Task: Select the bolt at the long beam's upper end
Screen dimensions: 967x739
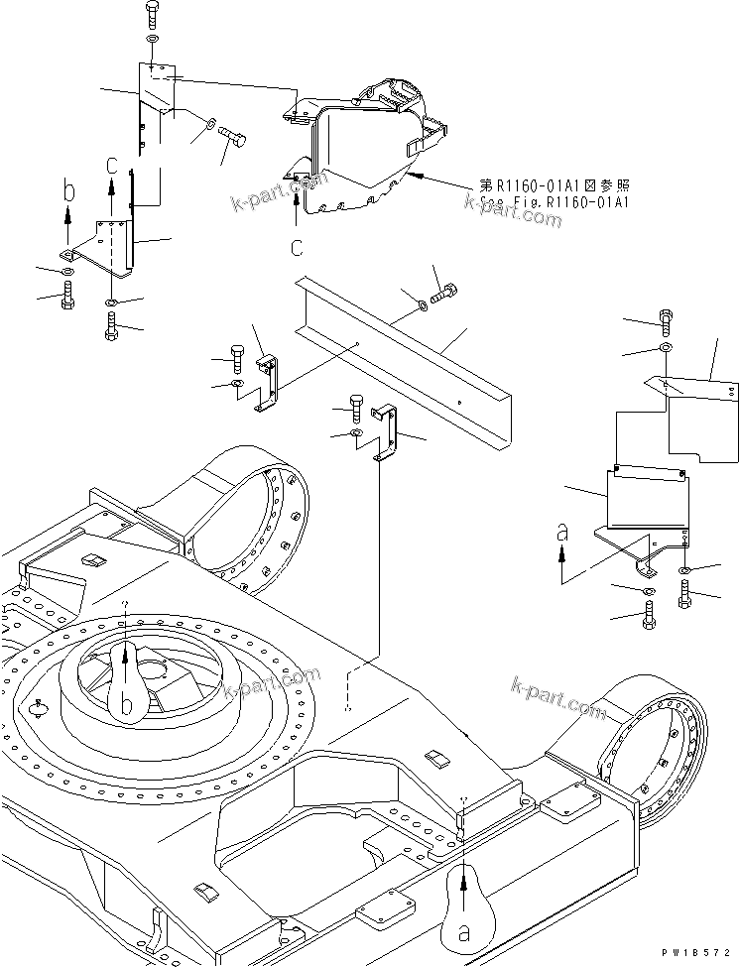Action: tap(444, 292)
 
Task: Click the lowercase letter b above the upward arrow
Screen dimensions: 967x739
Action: tap(67, 188)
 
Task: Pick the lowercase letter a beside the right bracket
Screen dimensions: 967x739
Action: tap(562, 533)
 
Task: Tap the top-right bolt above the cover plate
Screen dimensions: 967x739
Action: tap(665, 320)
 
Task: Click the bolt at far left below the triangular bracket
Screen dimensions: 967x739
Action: tap(66, 295)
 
